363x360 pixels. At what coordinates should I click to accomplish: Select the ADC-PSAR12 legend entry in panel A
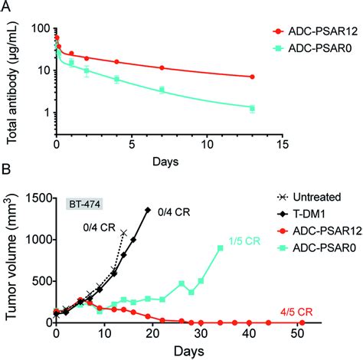306,31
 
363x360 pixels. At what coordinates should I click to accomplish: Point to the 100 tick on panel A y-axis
39,28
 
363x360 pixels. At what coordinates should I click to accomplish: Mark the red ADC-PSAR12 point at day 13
252,77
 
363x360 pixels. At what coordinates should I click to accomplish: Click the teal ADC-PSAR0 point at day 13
252,108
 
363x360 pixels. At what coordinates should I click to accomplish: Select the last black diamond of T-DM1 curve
148,209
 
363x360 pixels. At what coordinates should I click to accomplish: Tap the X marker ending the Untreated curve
123,232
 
